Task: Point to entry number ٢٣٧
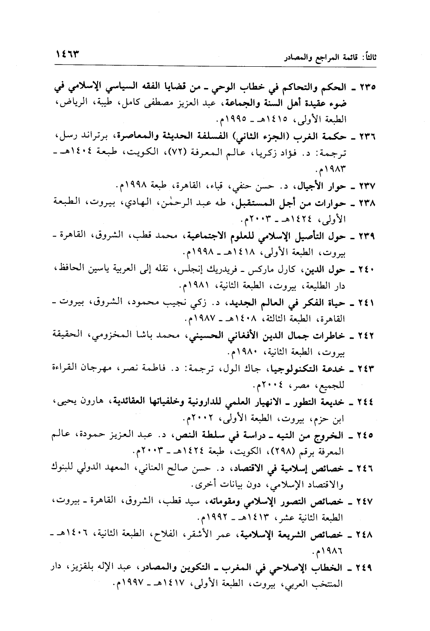click(x=365, y=186)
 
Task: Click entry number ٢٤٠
click(x=365, y=270)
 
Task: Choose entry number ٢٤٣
click(x=365, y=368)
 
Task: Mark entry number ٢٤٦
click(x=365, y=467)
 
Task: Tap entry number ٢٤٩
click(x=365, y=567)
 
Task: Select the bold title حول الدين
click(x=326, y=270)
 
